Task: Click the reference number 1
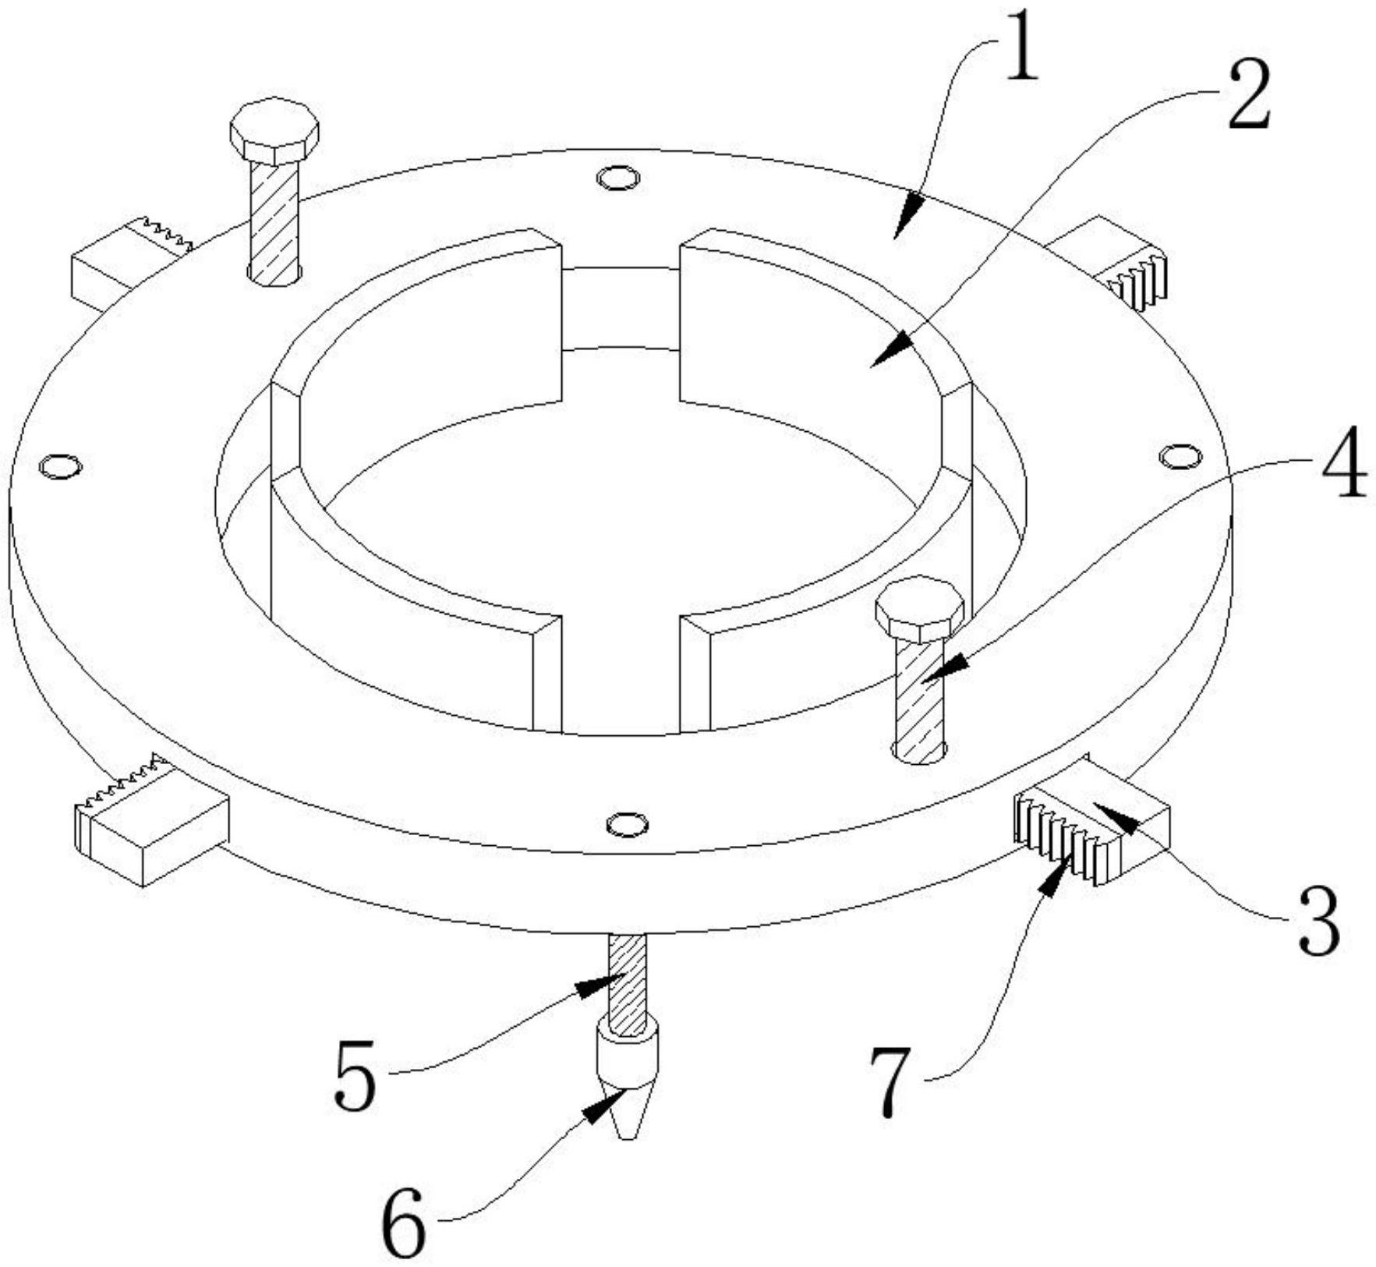[1021, 55]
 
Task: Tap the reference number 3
[1319, 924]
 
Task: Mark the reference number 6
[405, 1224]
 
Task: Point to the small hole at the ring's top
[618, 179]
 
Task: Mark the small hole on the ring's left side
[60, 466]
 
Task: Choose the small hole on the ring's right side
[1180, 456]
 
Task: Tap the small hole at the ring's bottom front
[628, 823]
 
